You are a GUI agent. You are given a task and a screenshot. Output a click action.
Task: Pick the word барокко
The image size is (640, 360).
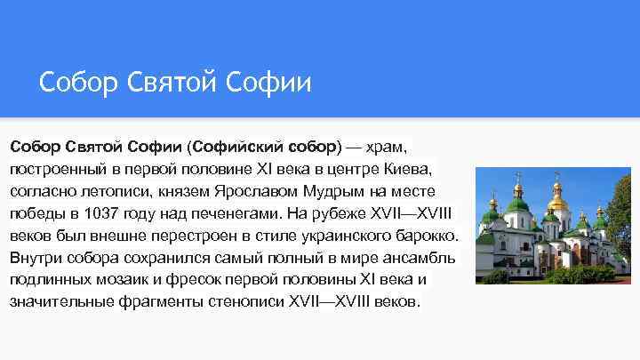[x=426, y=236]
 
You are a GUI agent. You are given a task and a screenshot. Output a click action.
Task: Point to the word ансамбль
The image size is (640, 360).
[x=417, y=258]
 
